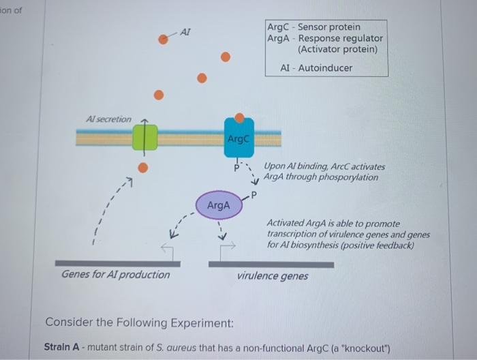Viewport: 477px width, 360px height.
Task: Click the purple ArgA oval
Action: pyautogui.click(x=219, y=205)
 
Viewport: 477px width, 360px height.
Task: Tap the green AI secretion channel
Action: pyautogui.click(x=144, y=137)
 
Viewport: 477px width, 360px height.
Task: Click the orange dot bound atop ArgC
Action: pyautogui.click(x=239, y=119)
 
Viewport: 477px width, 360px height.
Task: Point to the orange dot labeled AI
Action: pyautogui.click(x=164, y=39)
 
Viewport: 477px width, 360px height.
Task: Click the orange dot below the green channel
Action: pyautogui.click(x=143, y=168)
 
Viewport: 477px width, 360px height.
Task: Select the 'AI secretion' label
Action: pyautogui.click(x=109, y=119)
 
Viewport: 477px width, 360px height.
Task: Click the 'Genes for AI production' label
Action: pyautogui.click(x=116, y=274)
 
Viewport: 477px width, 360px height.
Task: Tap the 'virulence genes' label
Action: pyautogui.click(x=273, y=276)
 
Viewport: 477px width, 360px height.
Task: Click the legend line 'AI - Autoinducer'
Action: pyautogui.click(x=316, y=68)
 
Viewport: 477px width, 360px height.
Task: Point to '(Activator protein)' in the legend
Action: pyautogui.click(x=337, y=50)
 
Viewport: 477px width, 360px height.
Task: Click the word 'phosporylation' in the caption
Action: pyautogui.click(x=348, y=177)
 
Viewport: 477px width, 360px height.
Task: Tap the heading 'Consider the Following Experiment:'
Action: pyautogui.click(x=140, y=322)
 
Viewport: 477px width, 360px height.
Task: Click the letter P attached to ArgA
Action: pyautogui.click(x=253, y=196)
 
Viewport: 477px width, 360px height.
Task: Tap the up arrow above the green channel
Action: pyautogui.click(x=144, y=121)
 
